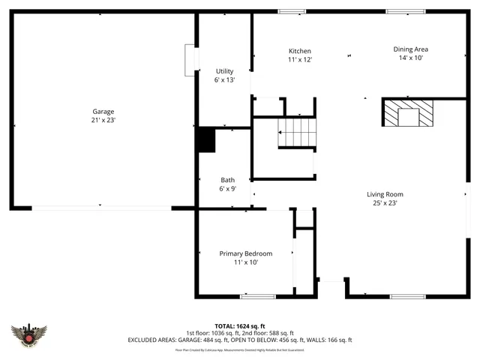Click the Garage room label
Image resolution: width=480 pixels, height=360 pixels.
click(x=103, y=111)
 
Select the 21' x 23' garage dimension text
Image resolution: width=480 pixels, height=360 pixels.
click(x=103, y=119)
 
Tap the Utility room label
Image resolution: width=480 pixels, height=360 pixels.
click(x=225, y=71)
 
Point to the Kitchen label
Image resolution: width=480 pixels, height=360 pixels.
click(x=300, y=51)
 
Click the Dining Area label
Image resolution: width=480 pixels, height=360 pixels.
click(x=411, y=49)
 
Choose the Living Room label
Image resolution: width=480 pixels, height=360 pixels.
click(x=385, y=194)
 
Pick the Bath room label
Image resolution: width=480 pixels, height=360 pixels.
click(x=227, y=180)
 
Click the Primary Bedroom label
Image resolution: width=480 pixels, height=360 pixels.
click(x=245, y=253)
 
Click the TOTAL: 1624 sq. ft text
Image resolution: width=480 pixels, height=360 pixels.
click(x=239, y=325)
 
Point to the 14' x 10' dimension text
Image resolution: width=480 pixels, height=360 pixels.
click(x=411, y=58)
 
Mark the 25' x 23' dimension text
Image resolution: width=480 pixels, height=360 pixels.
click(x=385, y=202)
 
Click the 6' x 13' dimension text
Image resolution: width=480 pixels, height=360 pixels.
click(x=225, y=80)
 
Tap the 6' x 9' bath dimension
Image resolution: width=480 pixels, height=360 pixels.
click(x=227, y=189)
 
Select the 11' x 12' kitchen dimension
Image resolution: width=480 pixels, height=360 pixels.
click(x=300, y=59)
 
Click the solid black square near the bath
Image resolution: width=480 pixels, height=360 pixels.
click(x=205, y=140)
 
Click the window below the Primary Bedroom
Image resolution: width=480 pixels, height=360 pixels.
click(x=257, y=296)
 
